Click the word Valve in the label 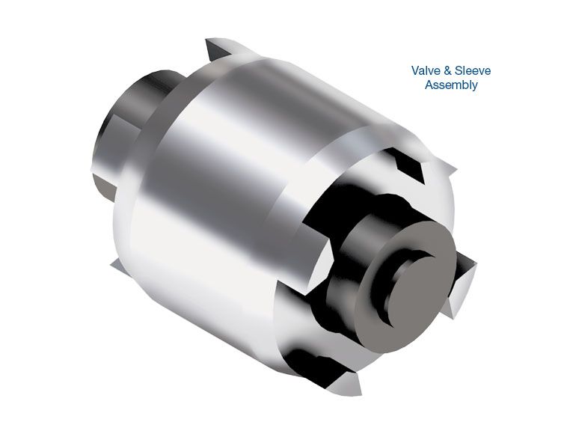426,71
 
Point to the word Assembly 451,85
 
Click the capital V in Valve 415,71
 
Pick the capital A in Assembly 429,85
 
